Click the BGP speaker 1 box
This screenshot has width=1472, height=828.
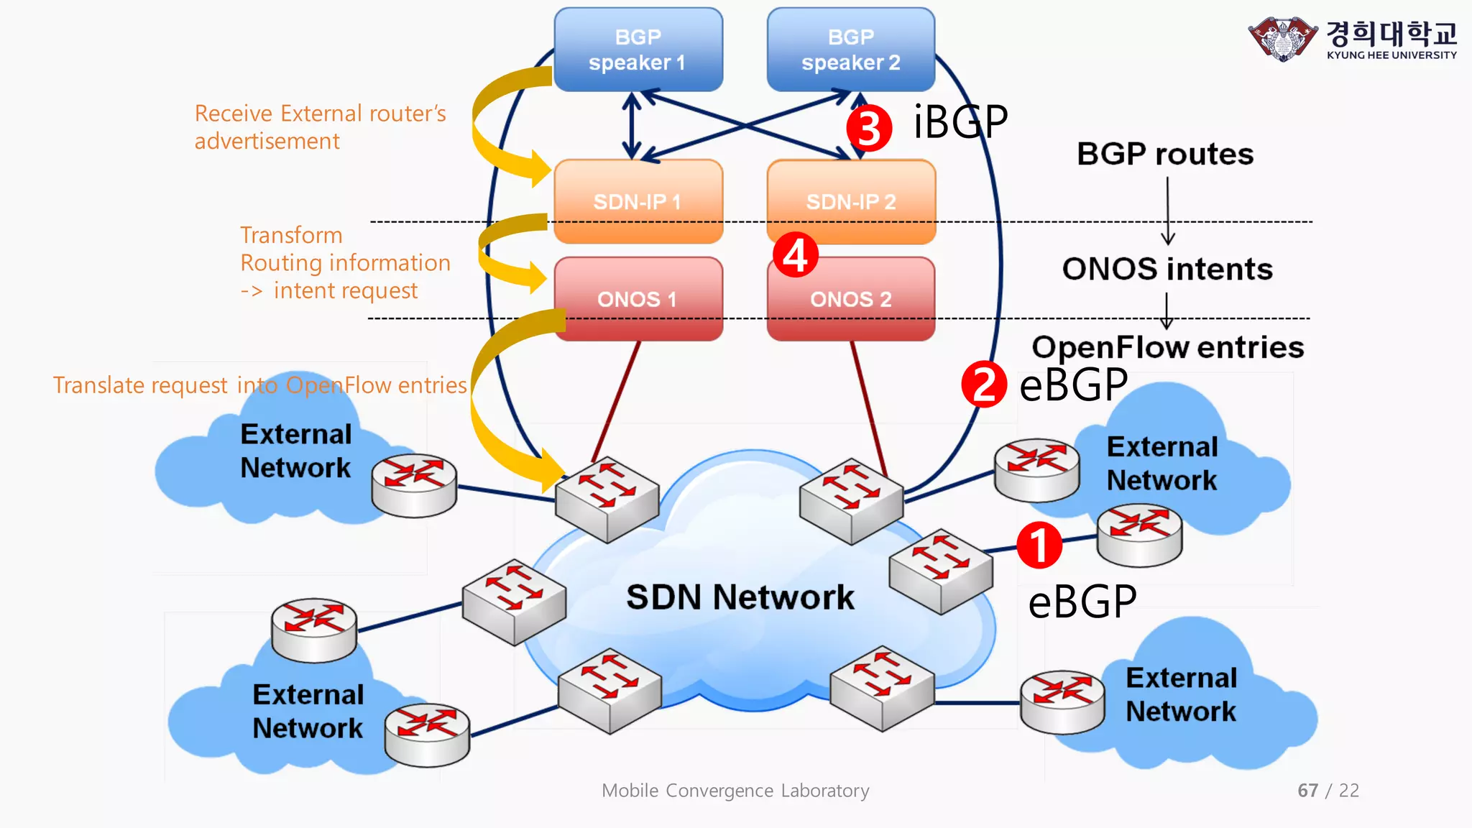(x=638, y=49)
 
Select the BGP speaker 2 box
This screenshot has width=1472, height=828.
(x=850, y=49)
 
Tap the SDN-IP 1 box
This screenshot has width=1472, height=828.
(x=638, y=201)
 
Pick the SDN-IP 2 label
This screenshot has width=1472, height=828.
(x=850, y=202)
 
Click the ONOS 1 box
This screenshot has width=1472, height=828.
(x=638, y=298)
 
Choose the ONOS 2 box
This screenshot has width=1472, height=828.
(x=850, y=298)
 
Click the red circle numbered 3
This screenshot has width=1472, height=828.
(x=869, y=128)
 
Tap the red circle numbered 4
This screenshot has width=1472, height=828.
(x=795, y=254)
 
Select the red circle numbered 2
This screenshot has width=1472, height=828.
(x=984, y=385)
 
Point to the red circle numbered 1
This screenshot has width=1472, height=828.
(x=1039, y=545)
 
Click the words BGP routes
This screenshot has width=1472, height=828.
(x=1164, y=154)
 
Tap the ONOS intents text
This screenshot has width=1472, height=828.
(x=1167, y=269)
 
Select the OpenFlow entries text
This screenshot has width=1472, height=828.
(x=1167, y=347)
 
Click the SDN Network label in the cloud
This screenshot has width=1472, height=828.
(x=740, y=597)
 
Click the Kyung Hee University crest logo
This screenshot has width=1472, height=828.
(x=1283, y=39)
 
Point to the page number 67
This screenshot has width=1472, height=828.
(x=1307, y=791)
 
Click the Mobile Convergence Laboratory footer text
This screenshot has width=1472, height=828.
(x=735, y=791)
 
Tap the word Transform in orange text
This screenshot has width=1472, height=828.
(x=291, y=235)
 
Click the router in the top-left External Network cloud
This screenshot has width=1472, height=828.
(x=414, y=484)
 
